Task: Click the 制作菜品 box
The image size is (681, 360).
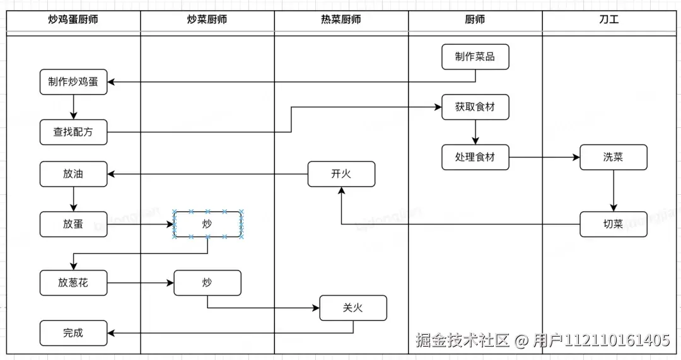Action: coord(475,57)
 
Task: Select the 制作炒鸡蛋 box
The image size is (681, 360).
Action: coord(73,82)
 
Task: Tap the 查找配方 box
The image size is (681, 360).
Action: coord(73,132)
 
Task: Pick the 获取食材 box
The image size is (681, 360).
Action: coord(475,107)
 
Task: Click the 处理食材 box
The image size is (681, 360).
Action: coord(475,157)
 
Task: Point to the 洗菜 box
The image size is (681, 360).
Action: coord(613,157)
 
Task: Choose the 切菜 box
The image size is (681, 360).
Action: coord(613,224)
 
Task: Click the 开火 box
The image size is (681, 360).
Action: coord(341,174)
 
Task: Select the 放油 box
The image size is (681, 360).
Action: coord(73,174)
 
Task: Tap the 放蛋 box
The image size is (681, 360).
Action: coord(73,224)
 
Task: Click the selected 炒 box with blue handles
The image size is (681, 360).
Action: coord(207,224)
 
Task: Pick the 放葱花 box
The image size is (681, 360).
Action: coord(73,283)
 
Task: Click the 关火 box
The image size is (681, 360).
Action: coord(352,308)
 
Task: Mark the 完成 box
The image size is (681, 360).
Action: coord(73,333)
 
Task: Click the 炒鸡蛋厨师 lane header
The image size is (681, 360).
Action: coord(73,20)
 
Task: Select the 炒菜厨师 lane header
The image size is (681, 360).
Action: coord(207,20)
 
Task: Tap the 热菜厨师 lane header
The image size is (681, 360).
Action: coord(341,20)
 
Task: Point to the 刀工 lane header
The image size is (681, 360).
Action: coord(609,20)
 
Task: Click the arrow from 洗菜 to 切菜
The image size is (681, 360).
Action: coord(614,190)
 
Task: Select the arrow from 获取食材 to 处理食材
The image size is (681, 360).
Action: coord(475,132)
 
